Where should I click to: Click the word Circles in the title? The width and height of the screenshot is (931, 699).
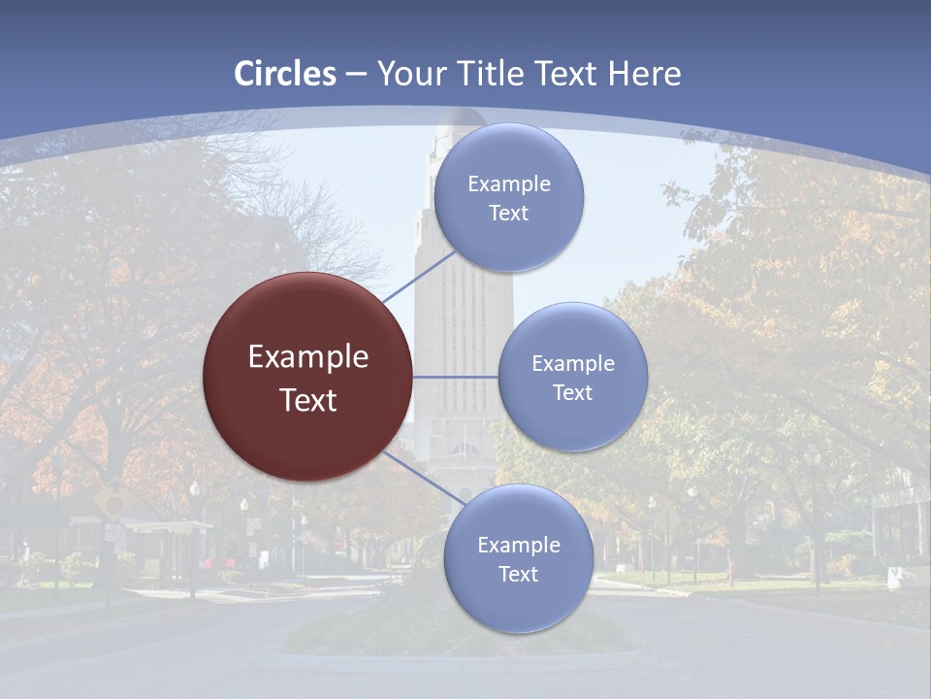(x=285, y=74)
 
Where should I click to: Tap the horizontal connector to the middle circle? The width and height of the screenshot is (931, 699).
(x=455, y=377)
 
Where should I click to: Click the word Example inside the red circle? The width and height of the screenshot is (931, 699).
(x=308, y=357)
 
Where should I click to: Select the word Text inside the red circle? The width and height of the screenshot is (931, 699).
(x=308, y=400)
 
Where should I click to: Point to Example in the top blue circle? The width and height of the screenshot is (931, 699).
(x=509, y=184)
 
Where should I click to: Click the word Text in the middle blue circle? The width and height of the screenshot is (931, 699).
(x=573, y=393)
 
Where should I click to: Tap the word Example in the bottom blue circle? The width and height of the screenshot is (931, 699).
(x=519, y=546)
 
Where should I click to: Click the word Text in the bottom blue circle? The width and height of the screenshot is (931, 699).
(x=519, y=575)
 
